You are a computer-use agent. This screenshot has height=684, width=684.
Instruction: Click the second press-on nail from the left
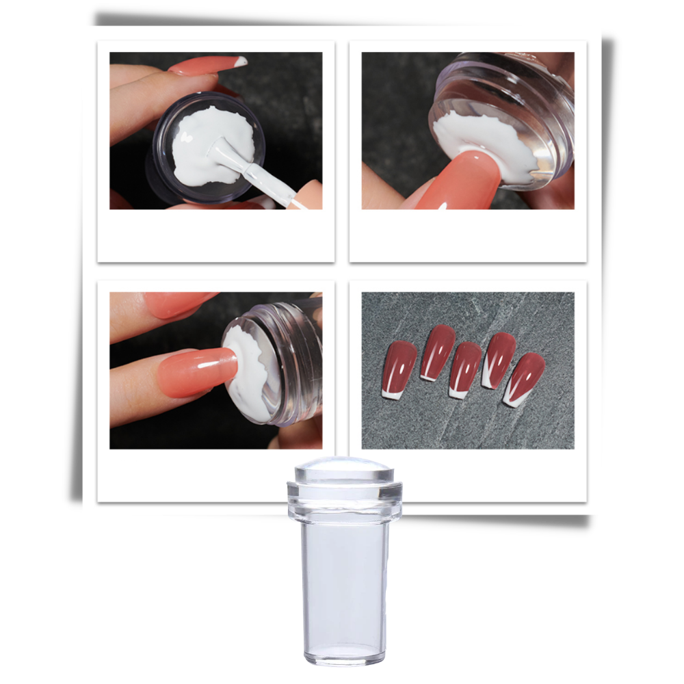point(436,350)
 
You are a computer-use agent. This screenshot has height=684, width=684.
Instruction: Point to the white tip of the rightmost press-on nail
point(512,398)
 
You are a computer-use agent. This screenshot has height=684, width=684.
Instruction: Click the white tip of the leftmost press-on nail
point(393,391)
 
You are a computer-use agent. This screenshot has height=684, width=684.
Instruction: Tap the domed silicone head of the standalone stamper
point(343,472)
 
